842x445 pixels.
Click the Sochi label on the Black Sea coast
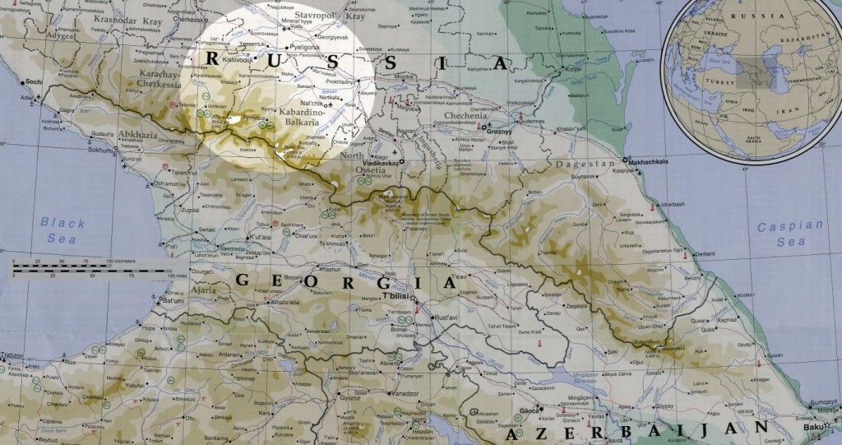(33, 82)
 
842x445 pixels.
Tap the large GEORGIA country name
(345, 281)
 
